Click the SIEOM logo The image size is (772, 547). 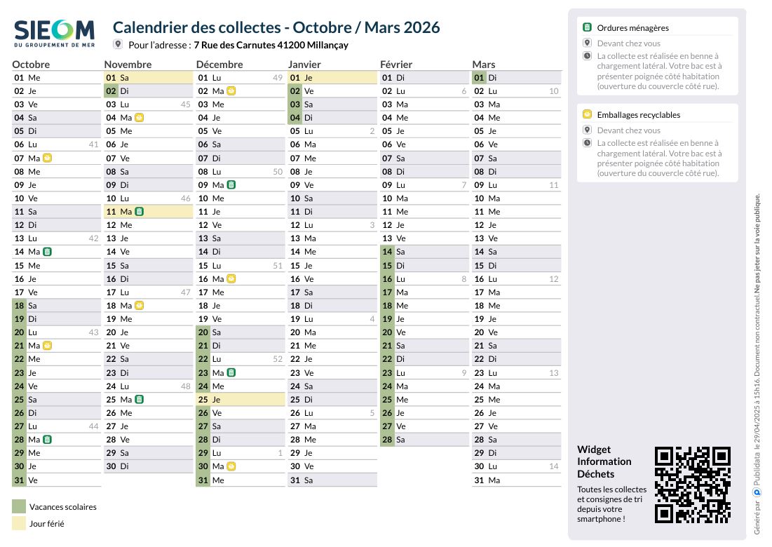[54, 34]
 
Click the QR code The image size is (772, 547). [692, 485]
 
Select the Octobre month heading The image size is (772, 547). [31, 65]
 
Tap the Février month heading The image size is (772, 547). [396, 65]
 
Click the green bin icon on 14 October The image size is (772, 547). [47, 252]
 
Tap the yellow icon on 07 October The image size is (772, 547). [47, 158]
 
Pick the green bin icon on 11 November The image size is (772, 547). [140, 211]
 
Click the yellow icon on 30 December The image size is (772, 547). [231, 466]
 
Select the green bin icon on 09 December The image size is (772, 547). [231, 184]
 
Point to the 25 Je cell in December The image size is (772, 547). [241, 399]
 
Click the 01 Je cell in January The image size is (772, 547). [332, 77]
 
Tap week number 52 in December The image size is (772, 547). [278, 359]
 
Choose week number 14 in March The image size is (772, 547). [554, 466]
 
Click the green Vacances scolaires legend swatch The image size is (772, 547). [19, 506]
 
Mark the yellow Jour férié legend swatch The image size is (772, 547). [19, 523]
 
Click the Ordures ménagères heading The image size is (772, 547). [632, 28]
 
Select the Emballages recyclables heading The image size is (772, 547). [639, 115]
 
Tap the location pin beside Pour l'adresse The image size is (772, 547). [118, 43]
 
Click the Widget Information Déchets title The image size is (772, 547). [604, 461]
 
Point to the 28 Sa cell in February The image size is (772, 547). [424, 439]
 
